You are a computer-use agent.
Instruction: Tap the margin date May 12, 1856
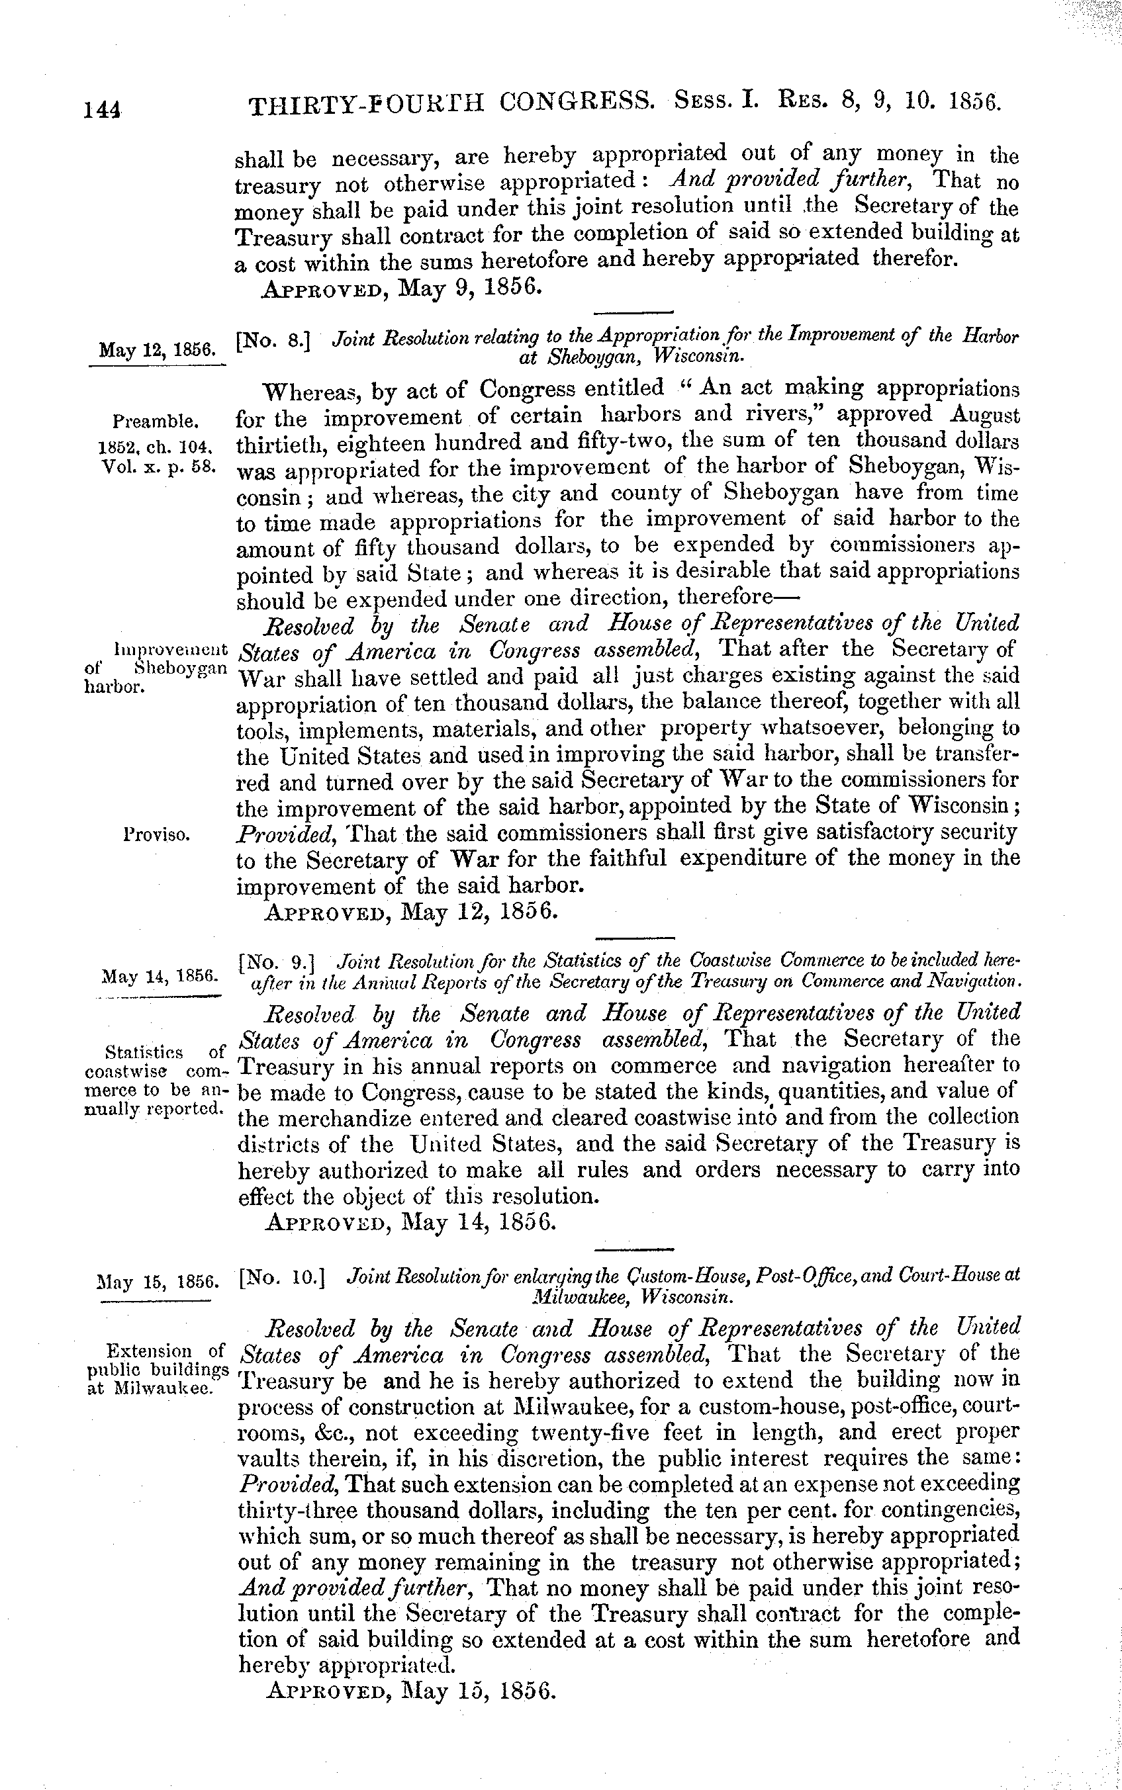(158, 349)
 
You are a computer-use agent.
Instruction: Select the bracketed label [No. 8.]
(271, 343)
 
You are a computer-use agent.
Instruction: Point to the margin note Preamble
(156, 422)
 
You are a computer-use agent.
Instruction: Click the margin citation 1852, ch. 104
(156, 447)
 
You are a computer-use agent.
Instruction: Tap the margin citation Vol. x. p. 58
(158, 468)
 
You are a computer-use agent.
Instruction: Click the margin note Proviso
(158, 834)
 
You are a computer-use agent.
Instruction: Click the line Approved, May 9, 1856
(402, 288)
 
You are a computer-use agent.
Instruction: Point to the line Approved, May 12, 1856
(410, 910)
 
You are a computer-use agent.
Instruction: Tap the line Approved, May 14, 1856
(410, 1222)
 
